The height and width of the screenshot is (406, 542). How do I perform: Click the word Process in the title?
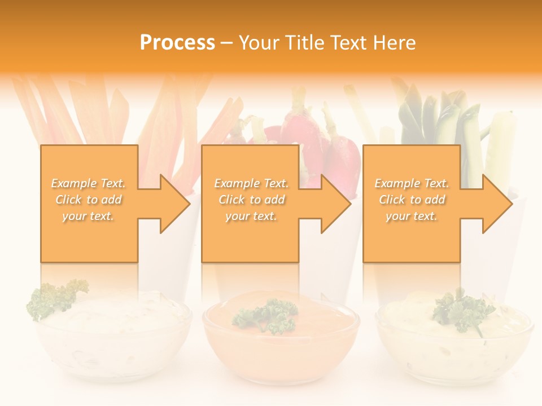(x=177, y=42)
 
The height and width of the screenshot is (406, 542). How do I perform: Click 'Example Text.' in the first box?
(x=89, y=183)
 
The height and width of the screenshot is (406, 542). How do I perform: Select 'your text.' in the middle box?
(x=251, y=216)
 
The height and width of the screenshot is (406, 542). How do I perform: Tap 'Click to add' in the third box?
(x=412, y=200)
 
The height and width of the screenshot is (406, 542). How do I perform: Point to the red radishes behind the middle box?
(x=322, y=141)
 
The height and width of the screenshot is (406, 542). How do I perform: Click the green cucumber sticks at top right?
(x=452, y=118)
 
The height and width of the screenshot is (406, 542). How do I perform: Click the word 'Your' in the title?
(x=261, y=42)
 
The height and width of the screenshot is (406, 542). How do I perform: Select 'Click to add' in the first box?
(x=89, y=200)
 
